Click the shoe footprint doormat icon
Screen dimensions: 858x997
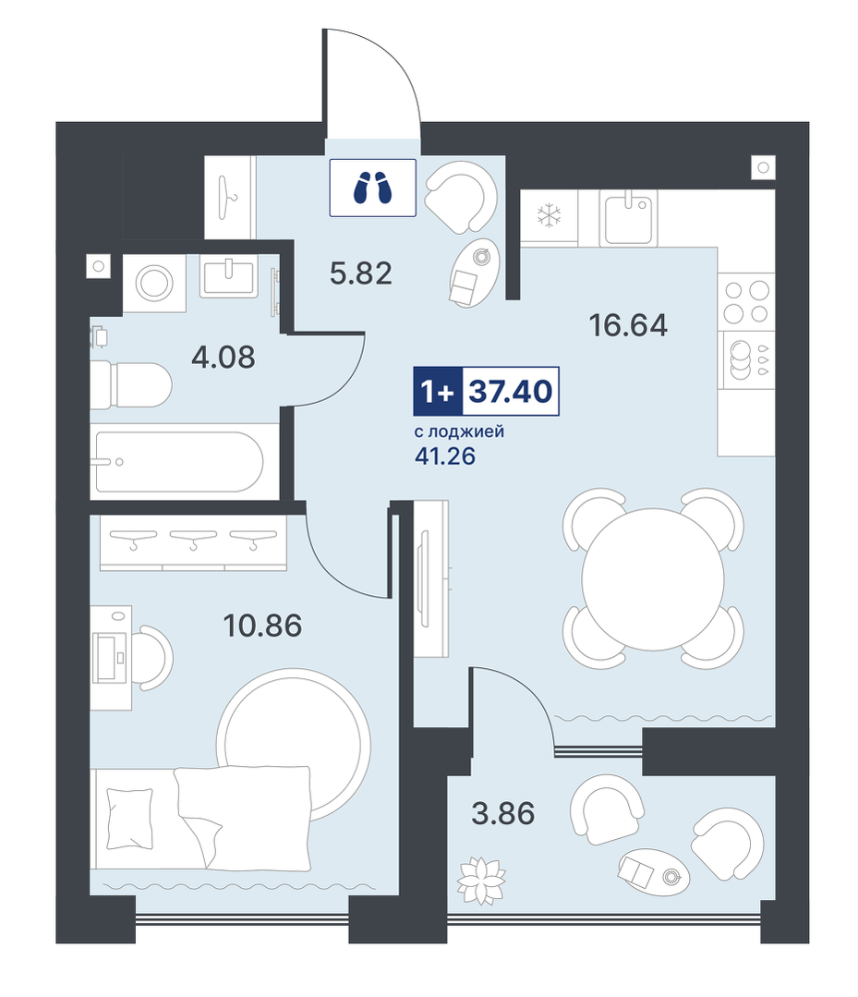pos(372,188)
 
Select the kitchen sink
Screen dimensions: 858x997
pos(628,218)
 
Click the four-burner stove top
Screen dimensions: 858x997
pos(747,302)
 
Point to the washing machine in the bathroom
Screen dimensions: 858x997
pos(154,283)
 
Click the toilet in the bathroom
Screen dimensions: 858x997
pos(131,385)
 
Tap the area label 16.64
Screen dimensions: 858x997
pos(628,325)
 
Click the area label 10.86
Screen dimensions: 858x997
pos(262,626)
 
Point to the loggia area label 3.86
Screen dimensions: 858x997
pos(502,813)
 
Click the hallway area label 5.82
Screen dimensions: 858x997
pos(360,274)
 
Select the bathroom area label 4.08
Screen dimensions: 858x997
pos(224,358)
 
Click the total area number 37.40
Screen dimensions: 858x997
pos(511,392)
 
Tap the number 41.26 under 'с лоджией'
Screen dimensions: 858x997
pos(445,456)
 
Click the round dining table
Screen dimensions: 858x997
pos(653,578)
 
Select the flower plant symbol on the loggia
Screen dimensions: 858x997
pos(482,880)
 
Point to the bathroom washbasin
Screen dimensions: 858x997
pos(229,276)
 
